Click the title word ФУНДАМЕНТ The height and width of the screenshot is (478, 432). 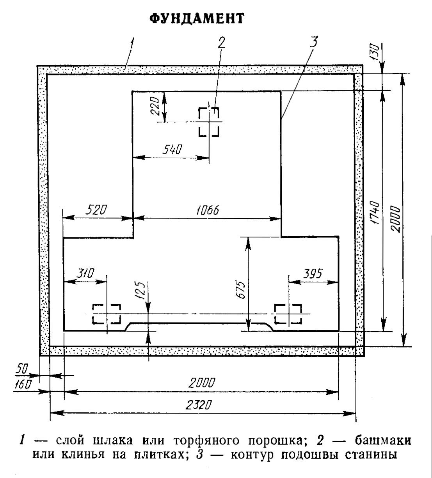tap(197, 18)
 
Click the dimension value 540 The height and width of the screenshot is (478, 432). tap(172, 150)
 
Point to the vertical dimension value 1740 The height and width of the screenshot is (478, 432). tap(375, 213)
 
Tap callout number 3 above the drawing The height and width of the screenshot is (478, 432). tap(314, 42)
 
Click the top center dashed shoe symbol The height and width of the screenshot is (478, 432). tap(209, 122)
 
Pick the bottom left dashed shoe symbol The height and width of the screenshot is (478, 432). tap(106, 314)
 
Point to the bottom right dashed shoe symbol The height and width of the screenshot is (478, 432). tap(288, 314)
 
